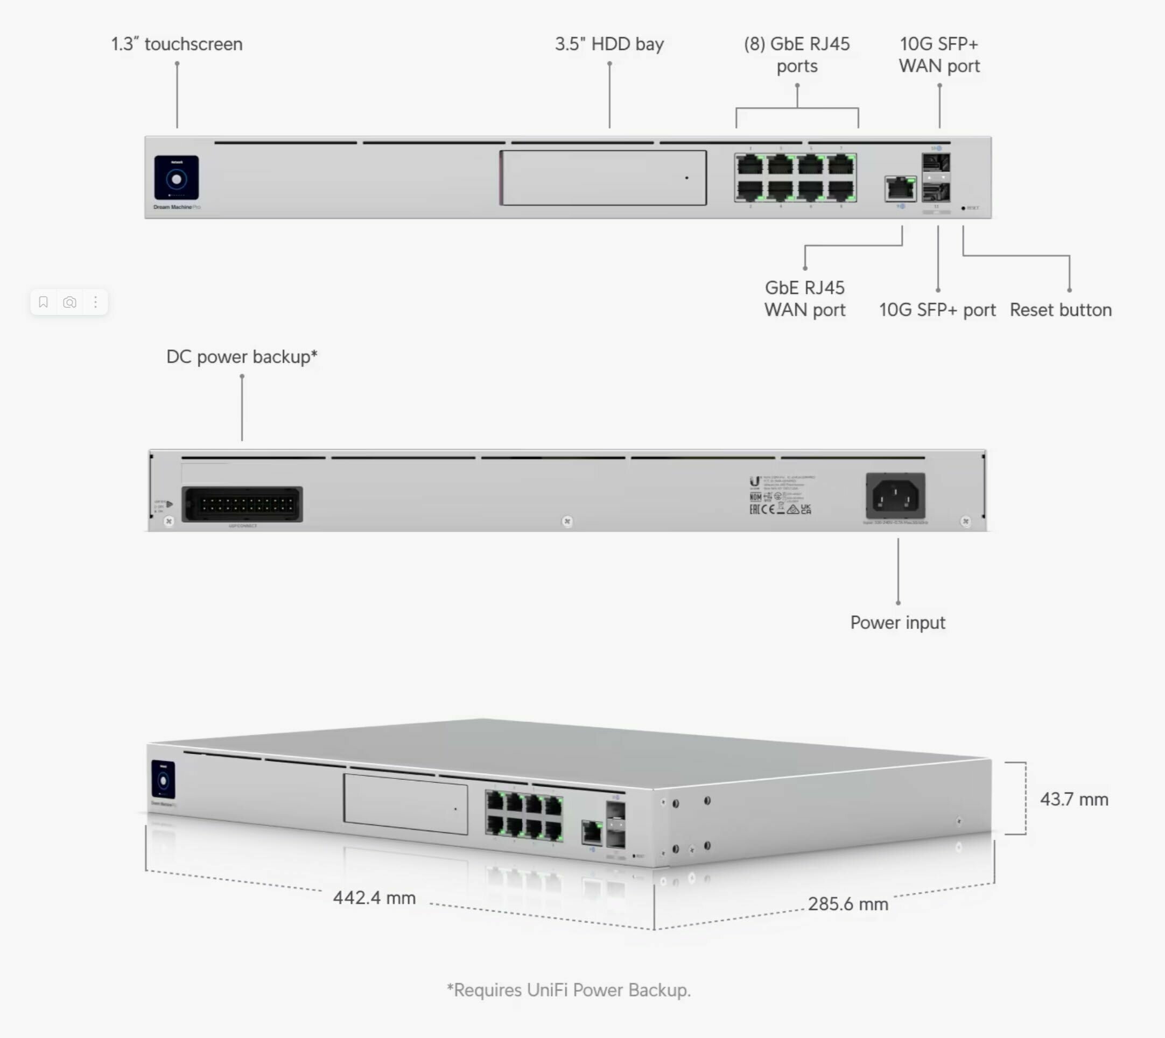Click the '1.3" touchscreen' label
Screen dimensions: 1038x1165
pyautogui.click(x=177, y=44)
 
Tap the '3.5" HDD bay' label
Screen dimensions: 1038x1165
pyautogui.click(x=609, y=44)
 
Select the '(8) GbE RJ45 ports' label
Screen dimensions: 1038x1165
pyautogui.click(x=797, y=55)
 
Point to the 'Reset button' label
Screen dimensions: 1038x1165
pyautogui.click(x=1060, y=310)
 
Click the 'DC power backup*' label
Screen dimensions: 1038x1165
pyautogui.click(x=242, y=356)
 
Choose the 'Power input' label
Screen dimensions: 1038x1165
pyautogui.click(x=897, y=622)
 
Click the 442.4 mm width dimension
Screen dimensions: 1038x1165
pyautogui.click(x=374, y=897)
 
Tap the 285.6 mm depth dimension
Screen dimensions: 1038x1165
pyautogui.click(x=848, y=904)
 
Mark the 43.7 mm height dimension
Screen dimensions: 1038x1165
pyautogui.click(x=1074, y=799)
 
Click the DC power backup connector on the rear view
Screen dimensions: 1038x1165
pyautogui.click(x=242, y=504)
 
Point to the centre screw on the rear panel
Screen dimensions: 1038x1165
pyautogui.click(x=567, y=521)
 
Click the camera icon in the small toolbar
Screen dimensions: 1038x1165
pyautogui.click(x=69, y=302)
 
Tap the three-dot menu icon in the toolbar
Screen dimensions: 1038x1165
pyautogui.click(x=95, y=302)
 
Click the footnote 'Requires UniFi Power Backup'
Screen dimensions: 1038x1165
pyautogui.click(x=569, y=990)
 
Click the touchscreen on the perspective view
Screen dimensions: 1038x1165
pyautogui.click(x=163, y=780)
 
